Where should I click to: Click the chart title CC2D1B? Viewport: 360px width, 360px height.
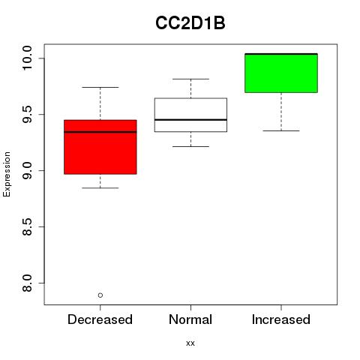(190, 23)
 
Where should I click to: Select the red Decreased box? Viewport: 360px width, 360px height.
(100, 147)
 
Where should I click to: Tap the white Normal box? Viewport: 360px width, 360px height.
(190, 115)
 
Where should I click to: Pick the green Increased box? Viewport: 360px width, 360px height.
(281, 73)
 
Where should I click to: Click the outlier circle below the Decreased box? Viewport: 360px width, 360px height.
(100, 295)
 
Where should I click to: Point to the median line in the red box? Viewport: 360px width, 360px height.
(100, 132)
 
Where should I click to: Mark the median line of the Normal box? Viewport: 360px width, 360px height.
(190, 120)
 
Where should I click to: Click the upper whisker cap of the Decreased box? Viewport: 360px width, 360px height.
(100, 87)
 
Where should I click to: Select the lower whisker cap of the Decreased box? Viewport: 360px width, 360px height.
(100, 187)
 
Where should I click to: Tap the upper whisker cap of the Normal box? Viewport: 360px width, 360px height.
(190, 79)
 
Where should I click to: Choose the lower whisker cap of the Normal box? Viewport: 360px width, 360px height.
(190, 146)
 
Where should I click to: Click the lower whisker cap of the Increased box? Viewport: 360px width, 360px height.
(281, 130)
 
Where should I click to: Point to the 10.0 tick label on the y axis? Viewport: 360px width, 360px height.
(27, 58)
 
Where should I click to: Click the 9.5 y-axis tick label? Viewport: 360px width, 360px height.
(27, 115)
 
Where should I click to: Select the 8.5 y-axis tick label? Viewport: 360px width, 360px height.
(27, 226)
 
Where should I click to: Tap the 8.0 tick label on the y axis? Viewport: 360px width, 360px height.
(27, 283)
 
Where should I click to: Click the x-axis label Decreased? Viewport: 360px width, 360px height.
(100, 319)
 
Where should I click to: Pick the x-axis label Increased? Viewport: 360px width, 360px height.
(281, 319)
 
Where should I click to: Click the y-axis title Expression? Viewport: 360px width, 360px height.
(7, 174)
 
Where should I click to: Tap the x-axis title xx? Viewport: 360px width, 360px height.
(190, 343)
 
